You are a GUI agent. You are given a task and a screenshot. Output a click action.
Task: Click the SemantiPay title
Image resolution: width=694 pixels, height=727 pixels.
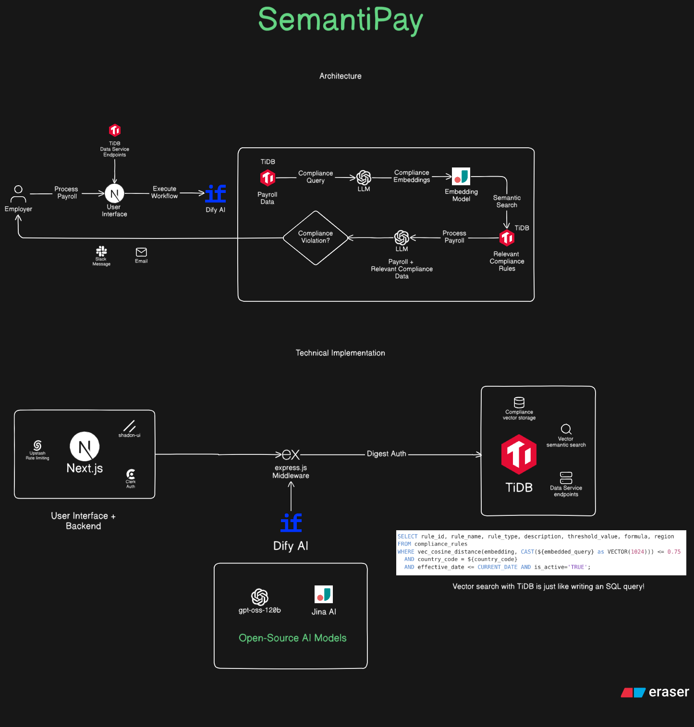click(341, 20)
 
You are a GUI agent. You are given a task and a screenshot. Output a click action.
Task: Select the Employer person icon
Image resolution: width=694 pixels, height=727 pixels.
click(18, 194)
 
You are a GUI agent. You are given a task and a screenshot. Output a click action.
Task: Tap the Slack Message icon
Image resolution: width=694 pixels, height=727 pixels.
click(101, 251)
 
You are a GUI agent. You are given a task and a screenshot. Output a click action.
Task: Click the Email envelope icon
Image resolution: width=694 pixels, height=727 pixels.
click(141, 252)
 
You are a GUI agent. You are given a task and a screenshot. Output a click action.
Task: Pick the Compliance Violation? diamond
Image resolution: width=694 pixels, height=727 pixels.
click(315, 238)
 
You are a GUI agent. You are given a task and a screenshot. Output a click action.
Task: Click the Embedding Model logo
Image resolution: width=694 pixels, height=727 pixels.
click(461, 177)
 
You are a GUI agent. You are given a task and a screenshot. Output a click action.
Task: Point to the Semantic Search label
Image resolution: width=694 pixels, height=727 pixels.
click(507, 202)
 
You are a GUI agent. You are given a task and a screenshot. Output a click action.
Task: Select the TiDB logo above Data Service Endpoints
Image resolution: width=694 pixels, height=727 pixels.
click(115, 130)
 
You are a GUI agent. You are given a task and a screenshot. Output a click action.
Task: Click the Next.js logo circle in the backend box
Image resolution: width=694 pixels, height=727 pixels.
click(85, 447)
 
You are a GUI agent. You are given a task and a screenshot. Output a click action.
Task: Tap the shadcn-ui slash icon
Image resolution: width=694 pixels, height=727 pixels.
click(129, 426)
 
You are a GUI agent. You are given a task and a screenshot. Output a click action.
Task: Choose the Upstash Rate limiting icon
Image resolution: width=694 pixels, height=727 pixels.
click(37, 445)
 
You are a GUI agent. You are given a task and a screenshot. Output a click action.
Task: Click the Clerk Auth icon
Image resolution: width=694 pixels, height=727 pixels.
click(131, 474)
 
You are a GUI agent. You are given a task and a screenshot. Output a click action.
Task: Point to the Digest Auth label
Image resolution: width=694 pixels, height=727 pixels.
click(387, 454)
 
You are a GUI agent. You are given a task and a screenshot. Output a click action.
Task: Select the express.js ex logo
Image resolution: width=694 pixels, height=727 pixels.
click(291, 455)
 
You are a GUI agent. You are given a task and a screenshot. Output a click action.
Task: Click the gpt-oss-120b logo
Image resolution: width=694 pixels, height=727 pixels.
click(260, 597)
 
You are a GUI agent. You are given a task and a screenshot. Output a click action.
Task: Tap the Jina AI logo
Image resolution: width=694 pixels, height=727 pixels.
click(324, 594)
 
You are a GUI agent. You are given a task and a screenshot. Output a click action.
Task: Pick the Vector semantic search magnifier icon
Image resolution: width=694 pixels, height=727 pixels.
click(566, 429)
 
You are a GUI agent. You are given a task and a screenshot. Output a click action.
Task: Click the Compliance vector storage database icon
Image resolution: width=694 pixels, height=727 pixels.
click(519, 402)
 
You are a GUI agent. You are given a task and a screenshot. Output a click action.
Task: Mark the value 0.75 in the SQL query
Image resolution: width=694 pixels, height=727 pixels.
click(674, 552)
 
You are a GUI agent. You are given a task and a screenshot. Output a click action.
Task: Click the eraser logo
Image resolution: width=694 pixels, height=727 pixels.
click(655, 692)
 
